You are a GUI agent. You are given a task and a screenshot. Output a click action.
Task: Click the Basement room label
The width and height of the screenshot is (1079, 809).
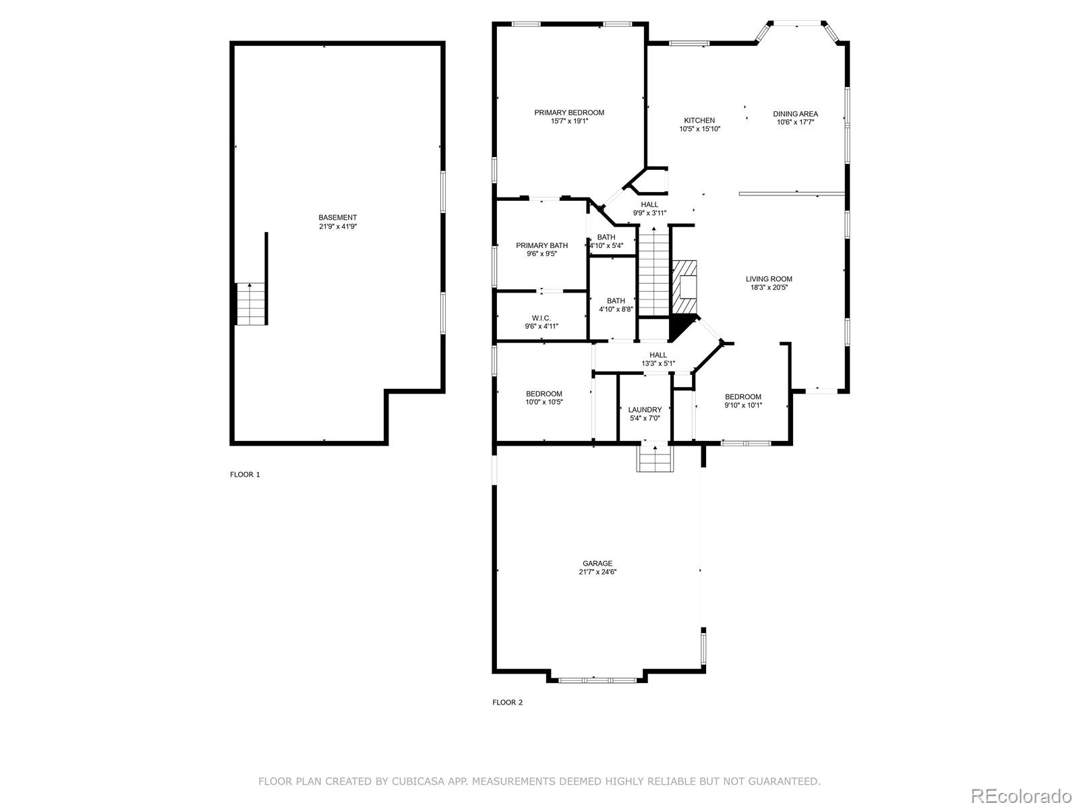tap(338, 218)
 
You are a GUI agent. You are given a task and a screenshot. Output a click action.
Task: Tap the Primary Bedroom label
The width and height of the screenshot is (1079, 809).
tap(569, 113)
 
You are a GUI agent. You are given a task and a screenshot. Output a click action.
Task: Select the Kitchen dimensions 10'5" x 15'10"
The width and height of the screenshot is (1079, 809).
tap(699, 129)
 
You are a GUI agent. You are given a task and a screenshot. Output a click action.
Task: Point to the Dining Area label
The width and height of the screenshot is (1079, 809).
tap(795, 114)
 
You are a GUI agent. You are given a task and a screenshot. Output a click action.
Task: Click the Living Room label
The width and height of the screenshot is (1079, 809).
tap(769, 279)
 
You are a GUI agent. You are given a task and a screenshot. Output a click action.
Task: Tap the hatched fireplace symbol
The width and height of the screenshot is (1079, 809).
tap(687, 287)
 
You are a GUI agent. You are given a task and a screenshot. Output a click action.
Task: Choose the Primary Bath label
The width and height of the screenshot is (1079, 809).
tap(542, 245)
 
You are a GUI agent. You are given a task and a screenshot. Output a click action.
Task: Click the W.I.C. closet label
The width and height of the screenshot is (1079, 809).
tap(542, 318)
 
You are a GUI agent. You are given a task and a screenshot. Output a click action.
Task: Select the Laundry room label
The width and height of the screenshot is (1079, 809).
tap(645, 410)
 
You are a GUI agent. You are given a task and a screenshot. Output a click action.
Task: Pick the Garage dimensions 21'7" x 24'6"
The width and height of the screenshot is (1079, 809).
tap(597, 572)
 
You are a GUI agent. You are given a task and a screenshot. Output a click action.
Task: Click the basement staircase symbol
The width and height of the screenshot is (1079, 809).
tap(252, 304)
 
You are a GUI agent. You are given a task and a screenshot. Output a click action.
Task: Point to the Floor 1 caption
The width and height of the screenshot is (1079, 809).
tap(245, 475)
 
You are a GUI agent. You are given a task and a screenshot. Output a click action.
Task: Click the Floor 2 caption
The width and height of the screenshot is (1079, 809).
tap(507, 702)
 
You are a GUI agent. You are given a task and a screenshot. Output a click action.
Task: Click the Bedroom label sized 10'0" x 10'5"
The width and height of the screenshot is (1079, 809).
tap(544, 394)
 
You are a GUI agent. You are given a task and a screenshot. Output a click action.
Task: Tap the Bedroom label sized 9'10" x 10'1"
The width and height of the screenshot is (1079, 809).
tap(743, 397)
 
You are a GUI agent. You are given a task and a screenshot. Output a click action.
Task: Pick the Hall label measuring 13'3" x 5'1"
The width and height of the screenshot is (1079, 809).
tap(658, 355)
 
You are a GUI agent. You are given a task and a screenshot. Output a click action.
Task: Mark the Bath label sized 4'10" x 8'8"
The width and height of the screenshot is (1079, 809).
tap(616, 301)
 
